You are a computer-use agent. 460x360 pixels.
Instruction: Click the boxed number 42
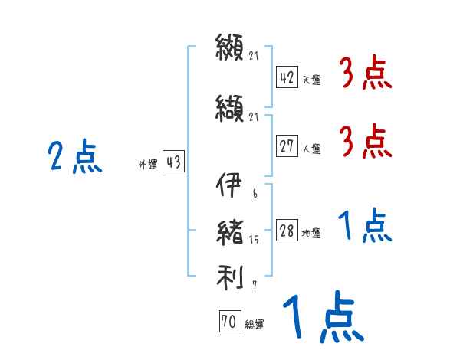(x=287, y=77)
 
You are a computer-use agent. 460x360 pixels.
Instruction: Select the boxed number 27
(x=287, y=146)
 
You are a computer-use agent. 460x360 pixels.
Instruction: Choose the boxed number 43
(x=174, y=162)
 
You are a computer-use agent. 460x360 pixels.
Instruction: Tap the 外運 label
(x=148, y=164)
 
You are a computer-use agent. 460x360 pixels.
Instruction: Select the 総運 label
(x=255, y=325)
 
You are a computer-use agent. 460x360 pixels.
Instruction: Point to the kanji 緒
(x=230, y=231)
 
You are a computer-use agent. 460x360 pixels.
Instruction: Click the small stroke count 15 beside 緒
(x=254, y=240)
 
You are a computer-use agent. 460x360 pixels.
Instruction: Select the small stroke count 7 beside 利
(x=254, y=285)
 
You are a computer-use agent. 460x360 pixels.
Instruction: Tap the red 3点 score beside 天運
(x=366, y=74)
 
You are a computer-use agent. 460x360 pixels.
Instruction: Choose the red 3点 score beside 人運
(x=366, y=142)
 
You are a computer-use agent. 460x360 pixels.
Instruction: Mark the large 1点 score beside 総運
(x=322, y=318)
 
